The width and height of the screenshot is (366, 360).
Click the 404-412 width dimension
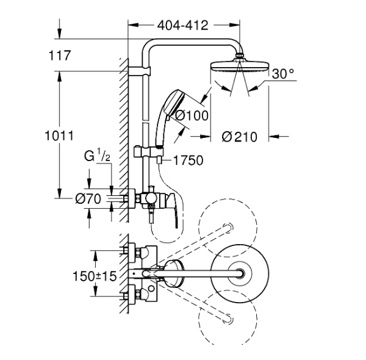tap(182, 26)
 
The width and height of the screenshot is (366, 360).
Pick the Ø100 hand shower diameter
tap(192, 114)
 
